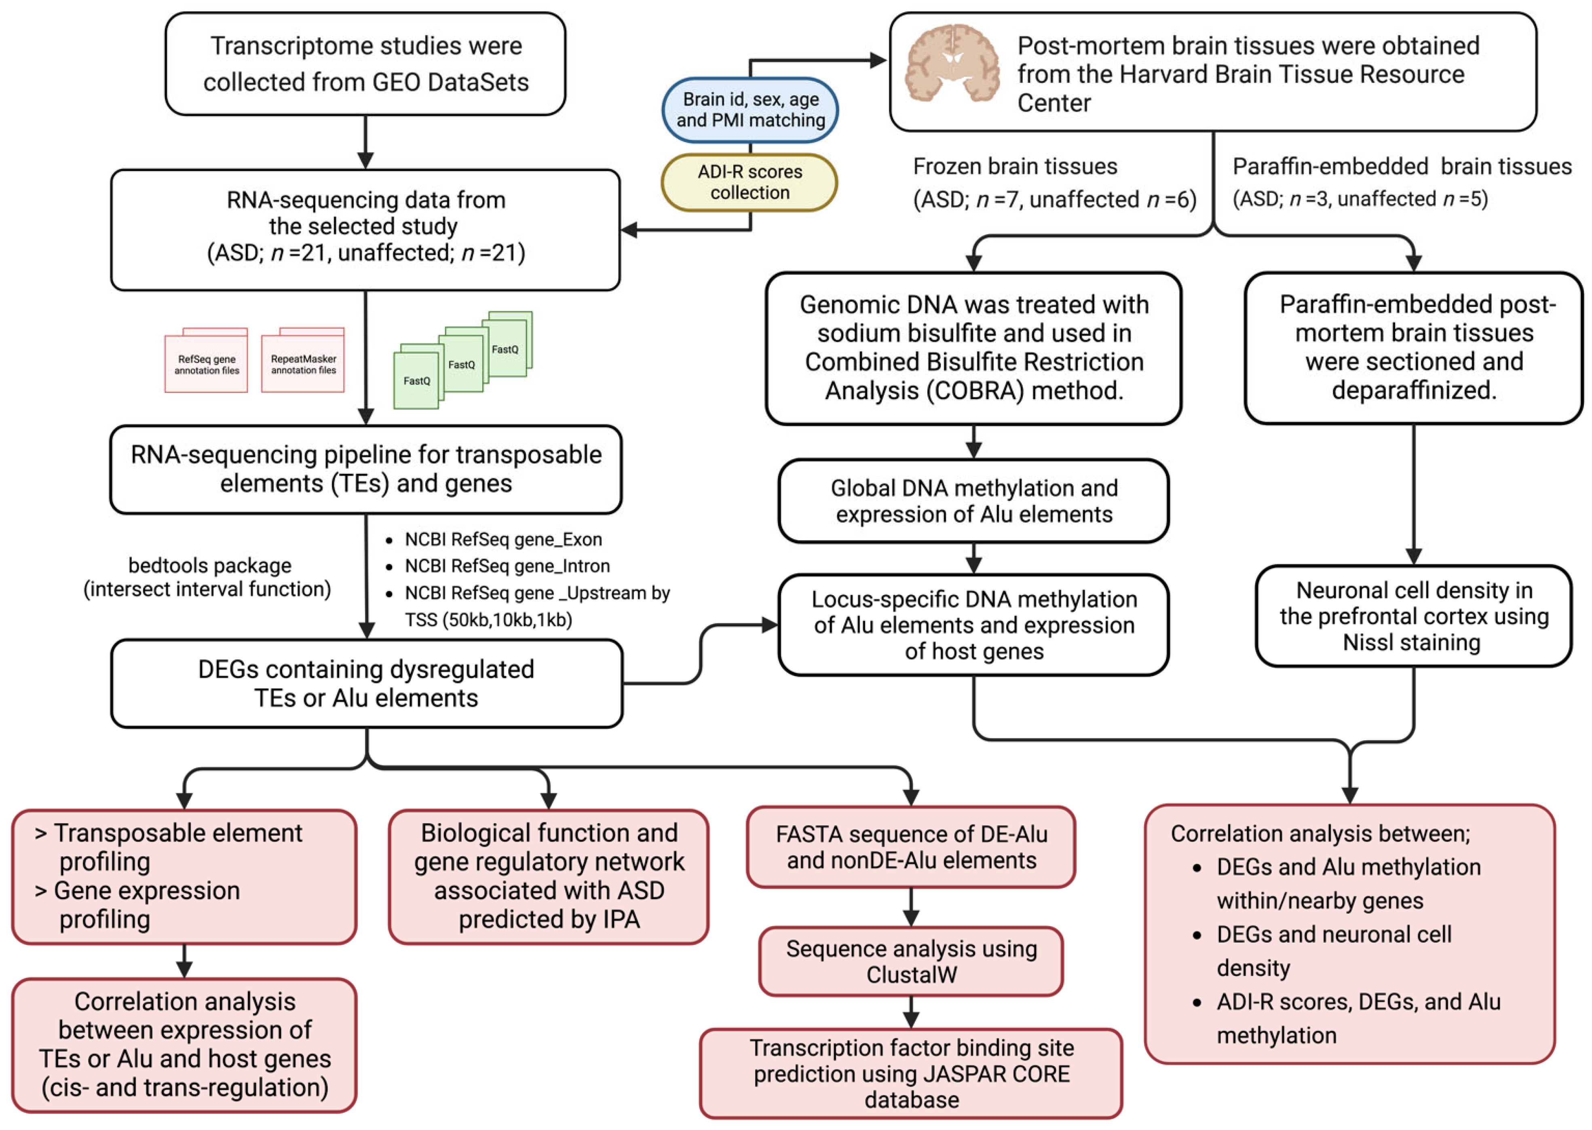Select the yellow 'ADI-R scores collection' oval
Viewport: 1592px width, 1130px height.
tap(750, 182)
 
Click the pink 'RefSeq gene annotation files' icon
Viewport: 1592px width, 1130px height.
tap(206, 362)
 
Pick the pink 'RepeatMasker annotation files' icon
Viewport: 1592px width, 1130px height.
tap(303, 362)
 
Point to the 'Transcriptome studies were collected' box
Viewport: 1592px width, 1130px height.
tap(365, 64)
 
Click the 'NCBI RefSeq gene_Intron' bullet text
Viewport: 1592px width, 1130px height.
tap(507, 566)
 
